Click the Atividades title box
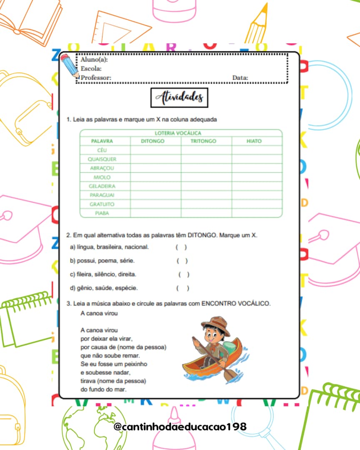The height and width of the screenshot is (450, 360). point(179,98)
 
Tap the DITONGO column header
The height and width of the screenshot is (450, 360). point(152,141)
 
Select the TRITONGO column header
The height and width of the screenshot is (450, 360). point(203,141)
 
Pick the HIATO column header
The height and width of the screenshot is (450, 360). point(254,141)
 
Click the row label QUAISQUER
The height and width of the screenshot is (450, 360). point(102,159)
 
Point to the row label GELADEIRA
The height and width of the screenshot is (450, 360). point(102,186)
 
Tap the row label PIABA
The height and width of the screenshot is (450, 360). point(102,213)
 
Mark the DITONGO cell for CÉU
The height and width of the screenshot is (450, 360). point(155,150)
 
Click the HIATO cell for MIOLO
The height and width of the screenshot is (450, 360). point(257,177)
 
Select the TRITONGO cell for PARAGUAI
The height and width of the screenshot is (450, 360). point(206,195)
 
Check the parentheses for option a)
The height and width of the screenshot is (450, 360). point(181,247)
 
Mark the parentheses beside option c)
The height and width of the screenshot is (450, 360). point(184,275)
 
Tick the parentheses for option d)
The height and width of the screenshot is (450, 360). point(182,288)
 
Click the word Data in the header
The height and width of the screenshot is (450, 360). point(240,77)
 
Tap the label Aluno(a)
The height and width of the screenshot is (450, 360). point(94,60)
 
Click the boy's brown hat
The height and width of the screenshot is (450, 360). point(216,323)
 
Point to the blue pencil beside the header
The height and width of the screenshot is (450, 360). point(70,65)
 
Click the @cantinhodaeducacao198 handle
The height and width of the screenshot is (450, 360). point(180,427)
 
